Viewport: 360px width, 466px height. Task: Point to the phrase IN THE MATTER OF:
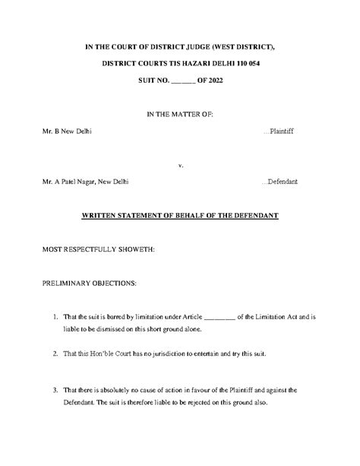(x=180, y=113)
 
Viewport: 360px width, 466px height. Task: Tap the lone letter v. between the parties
(x=180, y=164)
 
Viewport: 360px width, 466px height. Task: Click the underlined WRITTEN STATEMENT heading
(x=180, y=216)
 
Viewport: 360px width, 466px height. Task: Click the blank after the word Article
(x=220, y=317)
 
